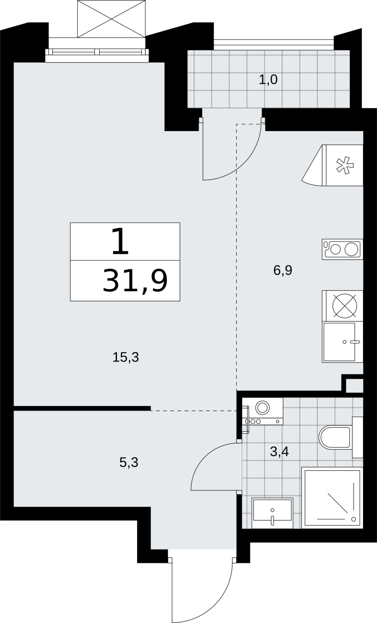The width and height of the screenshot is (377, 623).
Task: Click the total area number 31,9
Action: pyautogui.click(x=135, y=281)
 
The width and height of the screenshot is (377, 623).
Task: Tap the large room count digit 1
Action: pyautogui.click(x=120, y=241)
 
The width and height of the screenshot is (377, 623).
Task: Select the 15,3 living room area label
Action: pyautogui.click(x=125, y=357)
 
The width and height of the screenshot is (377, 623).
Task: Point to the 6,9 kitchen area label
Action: pyautogui.click(x=283, y=270)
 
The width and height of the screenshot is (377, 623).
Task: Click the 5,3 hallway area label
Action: pyautogui.click(x=129, y=462)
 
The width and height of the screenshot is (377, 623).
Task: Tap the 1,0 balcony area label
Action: pyautogui.click(x=268, y=80)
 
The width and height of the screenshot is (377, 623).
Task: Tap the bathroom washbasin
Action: pyautogui.click(x=272, y=513)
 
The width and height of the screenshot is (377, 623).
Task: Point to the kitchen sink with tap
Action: pyautogui.click(x=342, y=342)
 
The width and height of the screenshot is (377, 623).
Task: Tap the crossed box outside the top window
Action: pyautogui.click(x=111, y=19)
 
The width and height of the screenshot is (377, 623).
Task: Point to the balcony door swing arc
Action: pyautogui.click(x=245, y=164)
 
